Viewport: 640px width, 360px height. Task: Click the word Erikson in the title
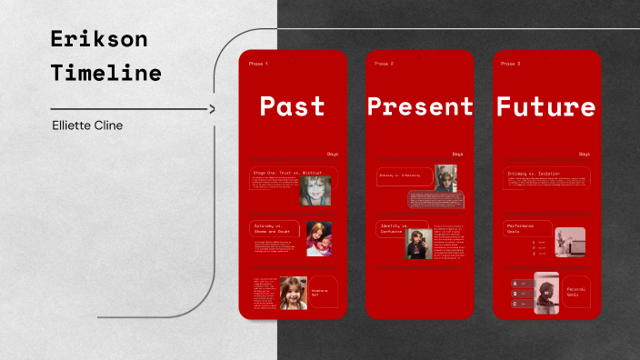pos(99,39)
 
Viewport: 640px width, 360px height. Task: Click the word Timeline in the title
pos(106,73)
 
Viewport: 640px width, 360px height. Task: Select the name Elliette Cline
pos(88,125)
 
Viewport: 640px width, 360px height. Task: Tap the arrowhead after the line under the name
pos(212,109)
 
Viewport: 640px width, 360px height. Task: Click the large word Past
pos(292,106)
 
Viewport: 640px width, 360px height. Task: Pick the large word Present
pos(420,106)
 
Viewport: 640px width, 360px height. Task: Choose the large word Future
pos(545,106)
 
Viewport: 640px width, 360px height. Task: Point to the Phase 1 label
pos(258,65)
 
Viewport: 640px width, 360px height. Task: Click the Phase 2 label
pos(385,65)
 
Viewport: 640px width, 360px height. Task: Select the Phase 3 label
pos(511,65)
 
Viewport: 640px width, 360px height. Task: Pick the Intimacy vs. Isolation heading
pos(534,173)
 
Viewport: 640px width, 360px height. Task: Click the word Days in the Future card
pos(584,154)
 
